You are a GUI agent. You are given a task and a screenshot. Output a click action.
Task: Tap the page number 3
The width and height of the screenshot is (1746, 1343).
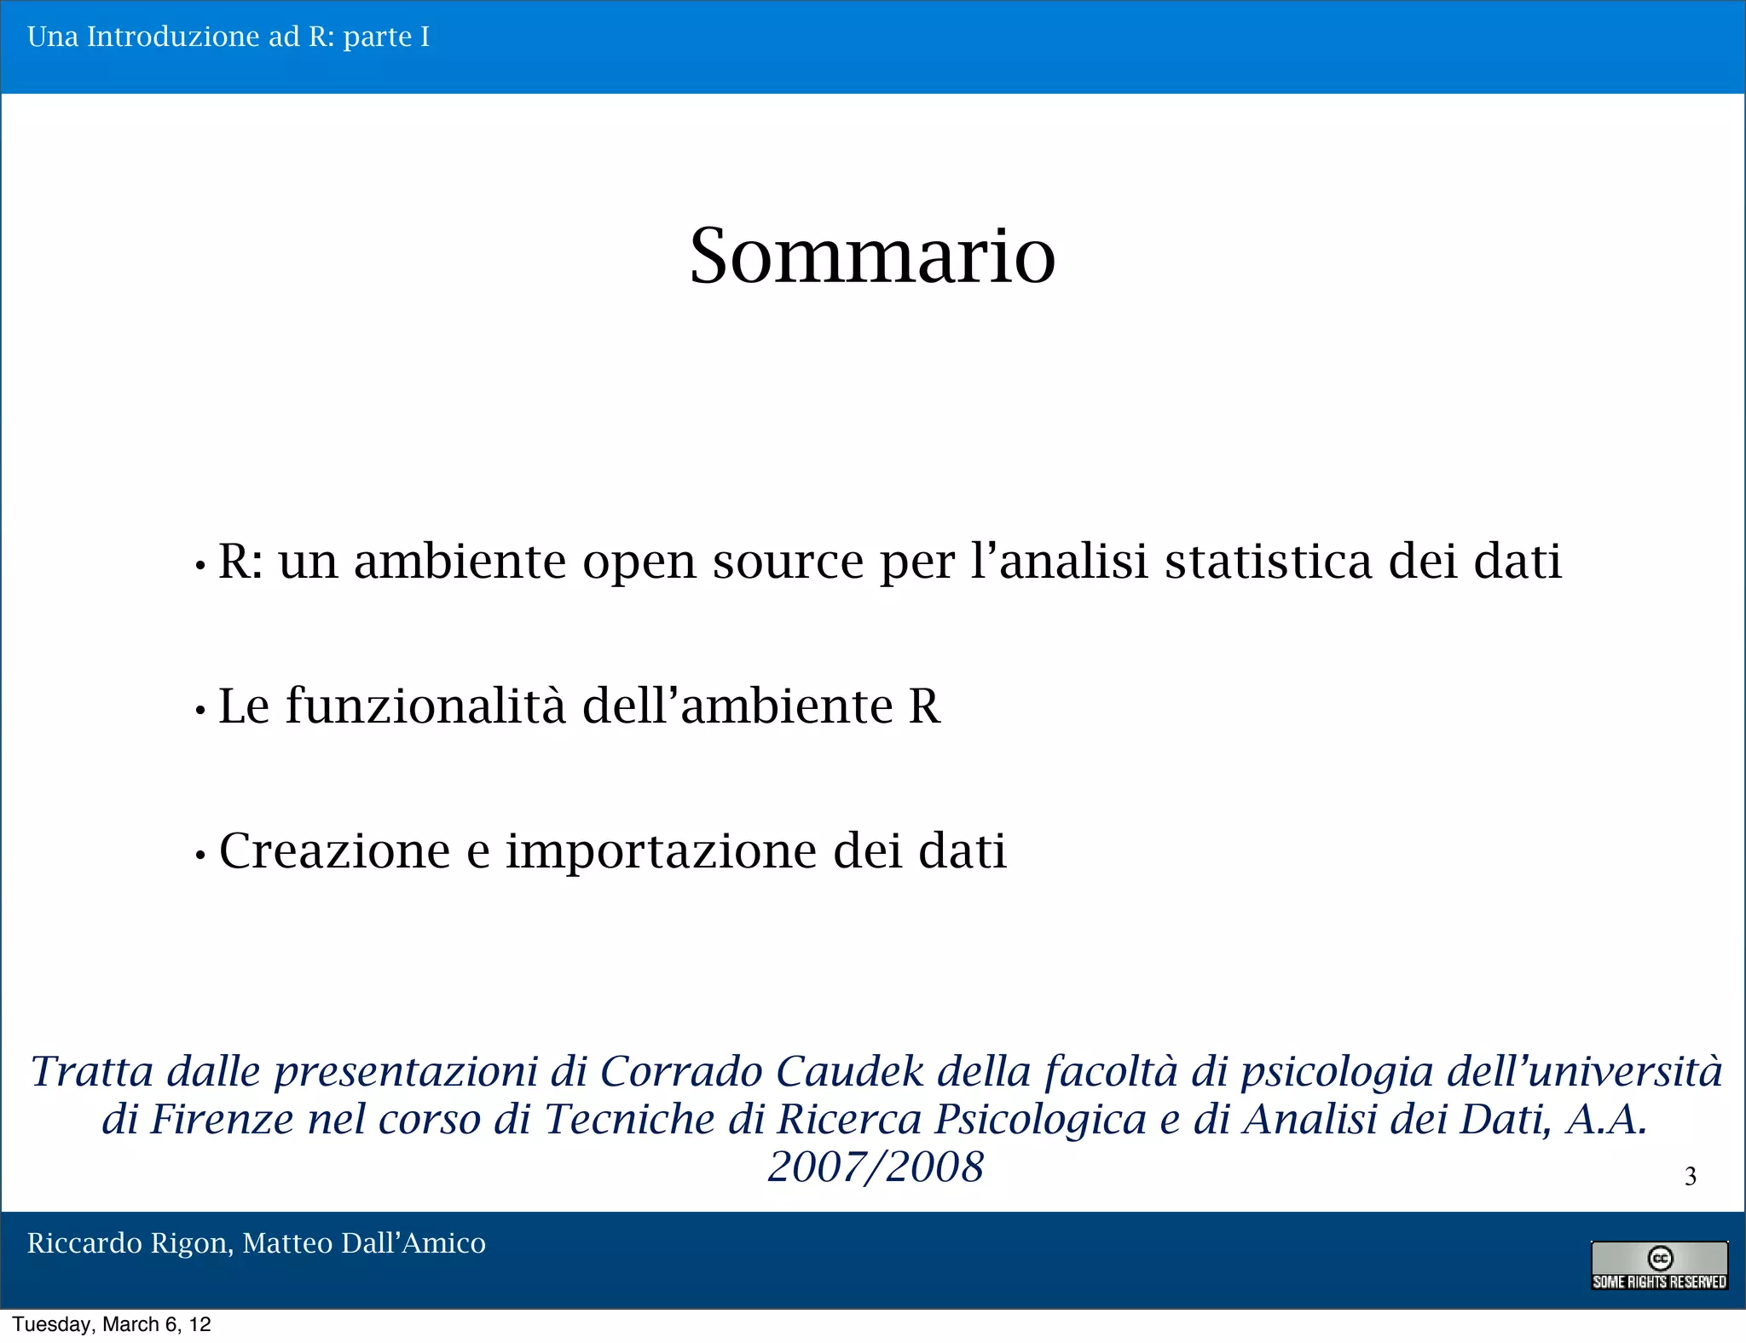[1691, 1176]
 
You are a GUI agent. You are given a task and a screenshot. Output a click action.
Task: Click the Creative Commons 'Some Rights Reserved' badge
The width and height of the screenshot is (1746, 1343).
[1659, 1265]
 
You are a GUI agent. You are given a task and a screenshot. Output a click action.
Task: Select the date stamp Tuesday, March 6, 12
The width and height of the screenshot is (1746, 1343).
[112, 1324]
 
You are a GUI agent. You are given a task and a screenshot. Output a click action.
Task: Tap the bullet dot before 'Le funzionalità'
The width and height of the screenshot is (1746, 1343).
[200, 710]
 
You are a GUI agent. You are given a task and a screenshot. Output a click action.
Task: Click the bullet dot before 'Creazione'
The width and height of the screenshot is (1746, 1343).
[200, 855]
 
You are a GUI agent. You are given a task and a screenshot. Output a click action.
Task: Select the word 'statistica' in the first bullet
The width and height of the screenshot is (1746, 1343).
[1269, 562]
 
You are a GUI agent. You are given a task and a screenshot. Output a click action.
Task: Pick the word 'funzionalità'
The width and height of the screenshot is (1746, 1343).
[425, 706]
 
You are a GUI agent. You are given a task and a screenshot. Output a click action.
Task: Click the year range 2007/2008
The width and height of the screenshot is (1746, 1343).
[876, 1167]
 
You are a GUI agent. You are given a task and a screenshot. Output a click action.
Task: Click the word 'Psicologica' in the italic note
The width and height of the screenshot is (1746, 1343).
[1040, 1121]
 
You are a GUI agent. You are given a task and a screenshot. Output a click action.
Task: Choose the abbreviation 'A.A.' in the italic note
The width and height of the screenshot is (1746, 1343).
[1606, 1119]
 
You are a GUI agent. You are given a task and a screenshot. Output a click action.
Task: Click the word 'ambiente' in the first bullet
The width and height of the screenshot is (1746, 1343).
[460, 562]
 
